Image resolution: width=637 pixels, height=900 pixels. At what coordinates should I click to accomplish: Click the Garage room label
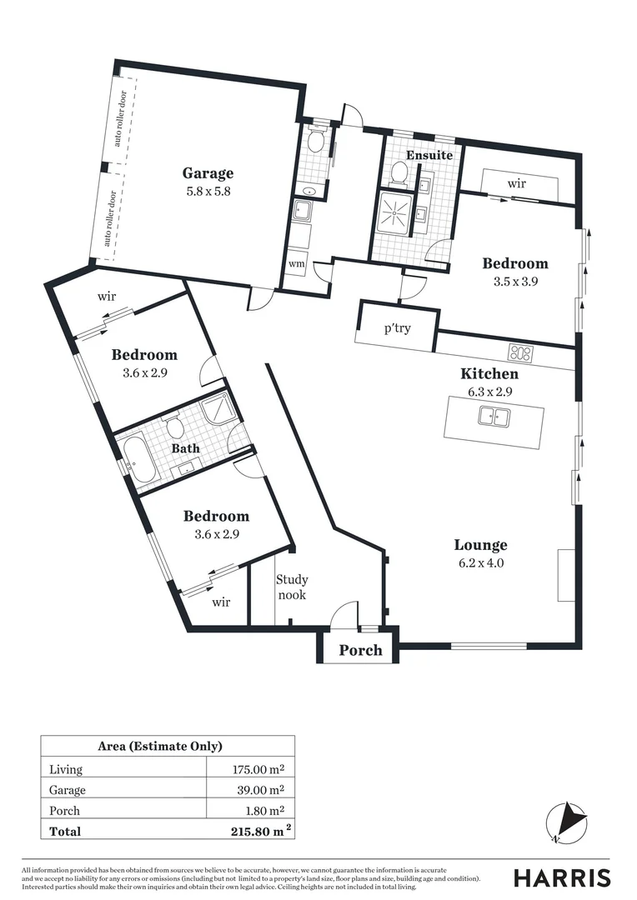[208, 173]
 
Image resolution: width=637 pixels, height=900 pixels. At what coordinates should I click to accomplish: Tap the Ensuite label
[429, 155]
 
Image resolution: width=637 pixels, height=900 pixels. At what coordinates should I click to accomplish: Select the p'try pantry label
[398, 328]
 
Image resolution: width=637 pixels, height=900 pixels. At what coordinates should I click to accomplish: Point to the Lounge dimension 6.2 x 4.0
[480, 562]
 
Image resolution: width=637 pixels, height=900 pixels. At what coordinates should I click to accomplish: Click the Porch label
[361, 650]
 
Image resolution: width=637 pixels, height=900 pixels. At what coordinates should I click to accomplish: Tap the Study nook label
[292, 587]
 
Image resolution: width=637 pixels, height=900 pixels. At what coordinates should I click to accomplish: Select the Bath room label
[186, 448]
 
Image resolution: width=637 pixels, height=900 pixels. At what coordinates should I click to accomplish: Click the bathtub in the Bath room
[139, 461]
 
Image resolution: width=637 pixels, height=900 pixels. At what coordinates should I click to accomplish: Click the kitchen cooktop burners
[521, 352]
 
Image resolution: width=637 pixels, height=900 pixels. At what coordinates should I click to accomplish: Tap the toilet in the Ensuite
[399, 174]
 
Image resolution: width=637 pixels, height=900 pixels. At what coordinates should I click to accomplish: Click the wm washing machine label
[296, 263]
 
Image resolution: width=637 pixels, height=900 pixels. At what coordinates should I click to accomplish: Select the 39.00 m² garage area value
[260, 789]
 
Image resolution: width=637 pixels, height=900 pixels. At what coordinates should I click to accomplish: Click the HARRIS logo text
[561, 877]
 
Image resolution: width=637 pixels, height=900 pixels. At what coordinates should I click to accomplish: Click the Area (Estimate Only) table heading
[168, 747]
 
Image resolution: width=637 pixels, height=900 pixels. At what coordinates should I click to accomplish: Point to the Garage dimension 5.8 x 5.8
[208, 191]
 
